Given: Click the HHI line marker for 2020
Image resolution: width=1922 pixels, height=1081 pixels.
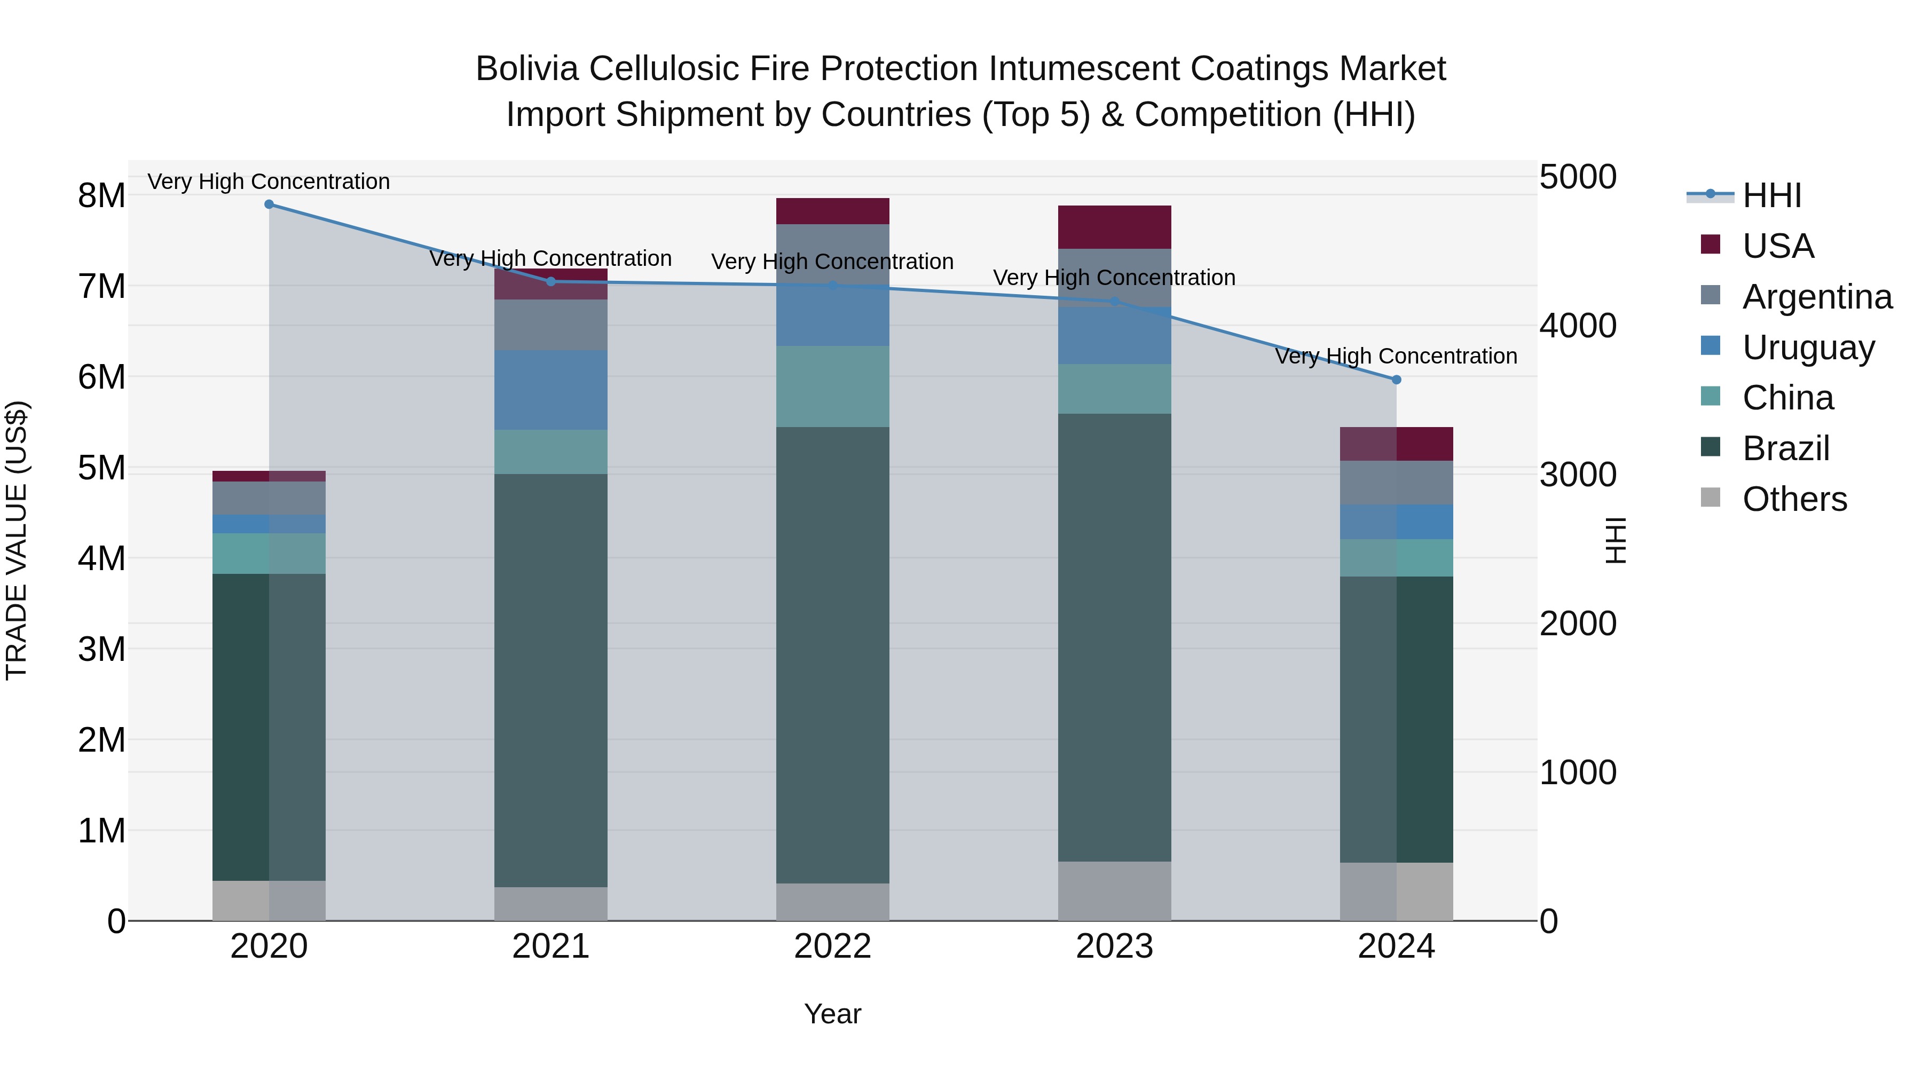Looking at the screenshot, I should click(270, 204).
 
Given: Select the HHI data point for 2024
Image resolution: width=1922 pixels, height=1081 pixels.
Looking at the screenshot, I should click(1397, 380).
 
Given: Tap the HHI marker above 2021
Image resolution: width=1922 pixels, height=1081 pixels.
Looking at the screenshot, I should click(552, 282).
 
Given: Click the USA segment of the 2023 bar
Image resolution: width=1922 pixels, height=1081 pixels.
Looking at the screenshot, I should click(1115, 227).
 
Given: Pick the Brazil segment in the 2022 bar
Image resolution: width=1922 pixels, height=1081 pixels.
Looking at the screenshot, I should click(833, 655).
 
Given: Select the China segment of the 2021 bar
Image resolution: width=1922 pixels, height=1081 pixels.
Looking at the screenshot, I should click(552, 452).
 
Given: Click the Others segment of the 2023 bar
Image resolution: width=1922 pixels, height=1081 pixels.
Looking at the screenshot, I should click(1115, 891).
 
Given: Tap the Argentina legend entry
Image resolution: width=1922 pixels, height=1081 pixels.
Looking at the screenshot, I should click(1817, 297).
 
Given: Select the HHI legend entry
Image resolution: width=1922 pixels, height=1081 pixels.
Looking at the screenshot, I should click(1771, 195).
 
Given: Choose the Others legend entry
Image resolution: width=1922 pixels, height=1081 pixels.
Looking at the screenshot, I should click(1794, 499).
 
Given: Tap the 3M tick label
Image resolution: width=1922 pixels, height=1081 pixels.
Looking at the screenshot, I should click(101, 649).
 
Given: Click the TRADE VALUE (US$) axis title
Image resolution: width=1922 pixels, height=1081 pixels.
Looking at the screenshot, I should click(17, 540).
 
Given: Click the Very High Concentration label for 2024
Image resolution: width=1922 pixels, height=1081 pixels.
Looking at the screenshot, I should click(1396, 357).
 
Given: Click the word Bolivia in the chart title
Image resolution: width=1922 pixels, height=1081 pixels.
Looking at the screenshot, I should click(527, 69).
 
